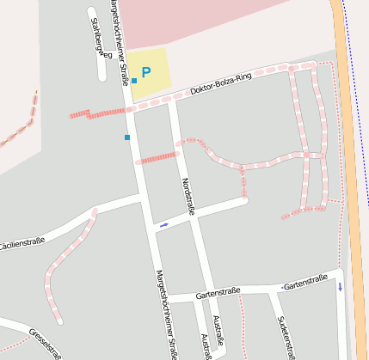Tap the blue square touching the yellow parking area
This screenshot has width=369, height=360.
(x=134, y=81)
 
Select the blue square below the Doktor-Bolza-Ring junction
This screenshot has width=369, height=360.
(x=126, y=137)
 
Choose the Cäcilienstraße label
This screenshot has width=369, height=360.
(x=21, y=245)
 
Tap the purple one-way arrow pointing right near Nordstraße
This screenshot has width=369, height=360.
(x=163, y=224)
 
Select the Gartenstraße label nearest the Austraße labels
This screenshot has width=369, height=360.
(x=218, y=293)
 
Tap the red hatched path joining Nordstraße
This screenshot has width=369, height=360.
(x=156, y=158)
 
